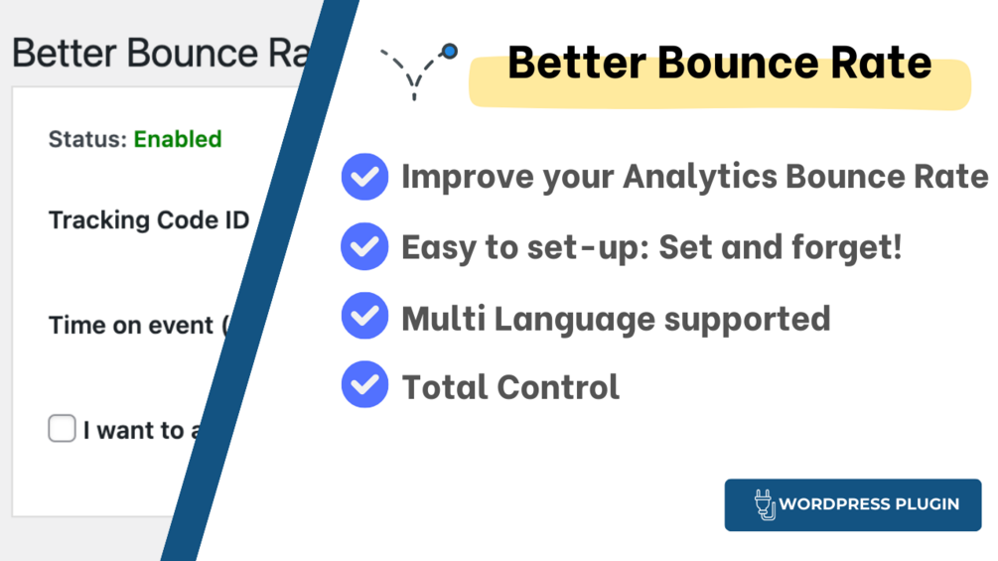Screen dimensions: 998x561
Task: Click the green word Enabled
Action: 178,139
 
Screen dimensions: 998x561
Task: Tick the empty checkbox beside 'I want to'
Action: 62,428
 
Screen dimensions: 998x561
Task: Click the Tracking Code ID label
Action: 149,220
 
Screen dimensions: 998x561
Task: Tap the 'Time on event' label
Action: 131,325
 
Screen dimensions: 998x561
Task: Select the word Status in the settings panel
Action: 87,139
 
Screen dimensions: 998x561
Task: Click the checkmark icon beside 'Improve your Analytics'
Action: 364,177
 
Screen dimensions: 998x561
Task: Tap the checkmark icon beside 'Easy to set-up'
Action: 364,246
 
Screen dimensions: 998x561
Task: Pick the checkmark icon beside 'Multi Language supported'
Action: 364,316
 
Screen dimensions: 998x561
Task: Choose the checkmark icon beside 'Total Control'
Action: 364,384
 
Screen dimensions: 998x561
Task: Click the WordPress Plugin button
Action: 853,505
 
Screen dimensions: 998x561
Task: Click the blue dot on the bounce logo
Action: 450,51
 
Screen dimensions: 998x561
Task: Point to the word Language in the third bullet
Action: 574,318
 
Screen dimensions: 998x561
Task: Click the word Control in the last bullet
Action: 558,386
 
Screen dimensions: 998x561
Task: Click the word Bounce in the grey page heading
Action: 193,53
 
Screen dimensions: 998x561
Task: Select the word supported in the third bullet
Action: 747,319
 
